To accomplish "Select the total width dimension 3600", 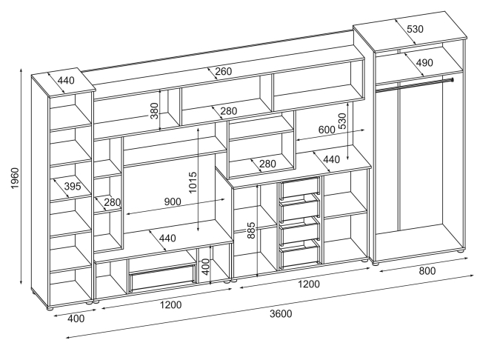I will (280, 313).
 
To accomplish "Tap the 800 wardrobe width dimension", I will (427, 271).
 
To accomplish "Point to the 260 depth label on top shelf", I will (224, 72).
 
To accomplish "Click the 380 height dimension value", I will (153, 110).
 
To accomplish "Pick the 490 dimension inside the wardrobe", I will (424, 64).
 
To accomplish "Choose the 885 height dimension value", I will (251, 230).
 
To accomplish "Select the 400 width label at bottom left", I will (76, 319).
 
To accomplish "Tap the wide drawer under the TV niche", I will (162, 279).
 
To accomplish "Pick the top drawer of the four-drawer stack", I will (299, 187).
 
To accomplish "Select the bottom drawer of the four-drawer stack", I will (299, 256).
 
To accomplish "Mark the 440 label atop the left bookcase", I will (67, 81).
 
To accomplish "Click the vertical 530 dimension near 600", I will (342, 121).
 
